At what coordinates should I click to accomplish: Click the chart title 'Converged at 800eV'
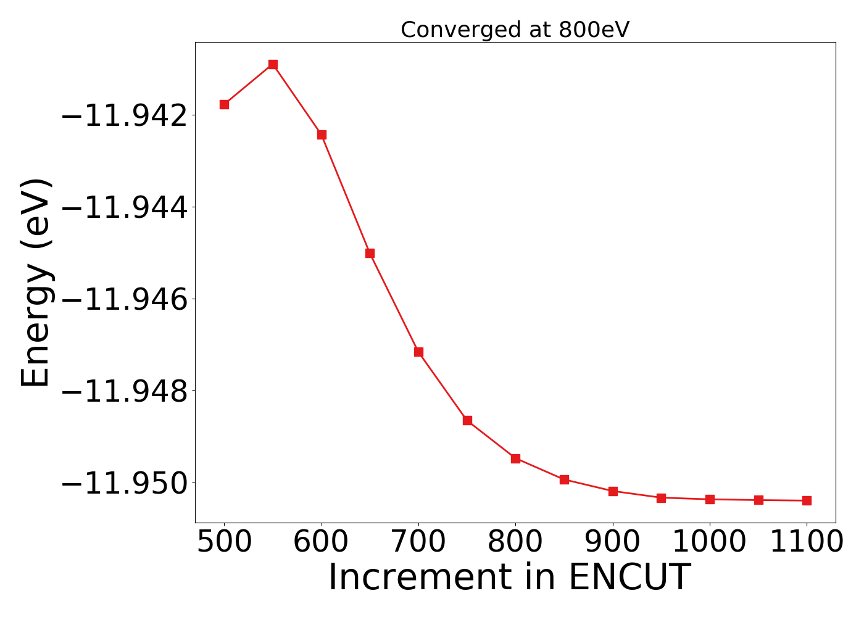(515, 30)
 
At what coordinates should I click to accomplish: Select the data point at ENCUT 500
(224, 104)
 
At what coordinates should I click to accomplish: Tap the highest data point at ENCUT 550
(273, 64)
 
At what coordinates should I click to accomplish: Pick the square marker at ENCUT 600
(322, 135)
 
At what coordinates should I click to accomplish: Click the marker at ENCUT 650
(370, 253)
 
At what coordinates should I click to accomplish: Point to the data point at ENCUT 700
(418, 352)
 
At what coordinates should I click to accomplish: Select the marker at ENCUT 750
(467, 420)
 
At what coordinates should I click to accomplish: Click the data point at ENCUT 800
(515, 458)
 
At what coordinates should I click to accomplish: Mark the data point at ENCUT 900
(613, 491)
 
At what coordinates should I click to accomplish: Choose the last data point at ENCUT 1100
(807, 500)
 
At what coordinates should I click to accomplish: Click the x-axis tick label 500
(224, 542)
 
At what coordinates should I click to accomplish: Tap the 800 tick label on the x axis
(515, 542)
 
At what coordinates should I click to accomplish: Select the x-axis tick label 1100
(807, 542)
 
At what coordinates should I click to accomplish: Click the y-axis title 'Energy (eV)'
(36, 283)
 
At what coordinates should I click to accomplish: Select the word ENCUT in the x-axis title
(629, 578)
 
